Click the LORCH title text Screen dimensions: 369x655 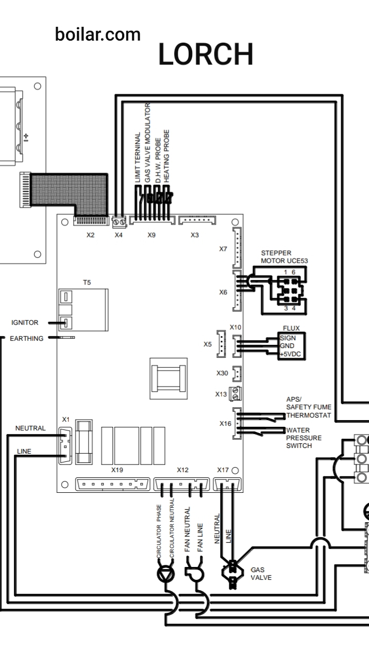(x=206, y=54)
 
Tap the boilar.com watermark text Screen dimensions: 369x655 (x=98, y=35)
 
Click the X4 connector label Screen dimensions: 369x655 (x=119, y=235)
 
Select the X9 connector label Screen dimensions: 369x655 (x=152, y=235)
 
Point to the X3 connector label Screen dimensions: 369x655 (x=195, y=235)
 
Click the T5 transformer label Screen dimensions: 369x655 (x=87, y=283)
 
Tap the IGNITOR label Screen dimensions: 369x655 (x=25, y=322)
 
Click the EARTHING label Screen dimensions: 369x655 (x=27, y=339)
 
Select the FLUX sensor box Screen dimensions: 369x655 (x=292, y=346)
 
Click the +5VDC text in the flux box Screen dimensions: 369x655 (x=290, y=354)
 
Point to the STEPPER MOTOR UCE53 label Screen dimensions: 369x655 (x=284, y=257)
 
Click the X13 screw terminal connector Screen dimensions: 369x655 (x=236, y=393)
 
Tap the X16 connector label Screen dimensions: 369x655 (x=225, y=424)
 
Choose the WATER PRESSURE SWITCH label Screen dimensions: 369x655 (x=304, y=438)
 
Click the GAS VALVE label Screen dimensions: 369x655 (x=261, y=574)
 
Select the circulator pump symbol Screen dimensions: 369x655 (x=166, y=574)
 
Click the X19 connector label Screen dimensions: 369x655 (x=117, y=470)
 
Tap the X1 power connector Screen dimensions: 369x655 (x=65, y=446)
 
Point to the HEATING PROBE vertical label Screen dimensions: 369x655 (x=166, y=156)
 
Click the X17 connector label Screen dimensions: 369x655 (x=223, y=470)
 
